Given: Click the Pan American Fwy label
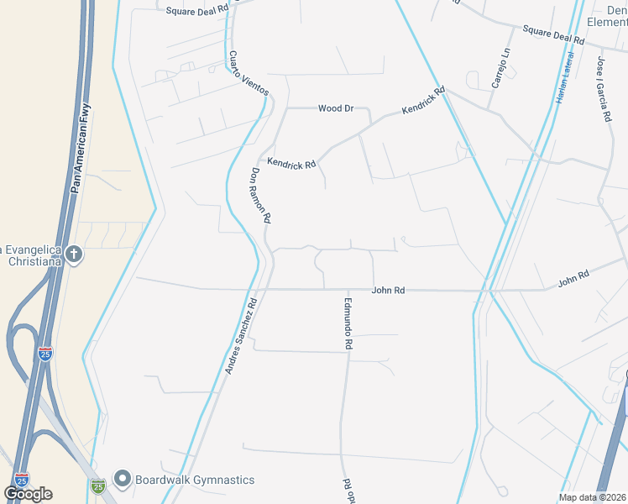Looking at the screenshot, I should click(84, 149).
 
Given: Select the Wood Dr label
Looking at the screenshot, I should click(336, 108).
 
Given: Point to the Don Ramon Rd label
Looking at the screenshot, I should click(260, 194).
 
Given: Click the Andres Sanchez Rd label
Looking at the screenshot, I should click(240, 334).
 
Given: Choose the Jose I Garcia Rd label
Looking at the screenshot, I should click(603, 90).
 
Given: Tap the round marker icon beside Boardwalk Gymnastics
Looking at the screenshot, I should click(123, 480).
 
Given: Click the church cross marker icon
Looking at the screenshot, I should click(74, 252).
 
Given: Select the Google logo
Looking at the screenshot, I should click(28, 494).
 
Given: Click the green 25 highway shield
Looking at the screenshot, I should click(98, 486).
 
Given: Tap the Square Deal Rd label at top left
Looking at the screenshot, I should click(197, 10).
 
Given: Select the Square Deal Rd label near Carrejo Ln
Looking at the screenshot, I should click(552, 34).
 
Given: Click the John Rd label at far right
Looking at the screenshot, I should click(573, 279).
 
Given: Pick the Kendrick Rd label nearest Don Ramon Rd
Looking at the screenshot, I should click(290, 163).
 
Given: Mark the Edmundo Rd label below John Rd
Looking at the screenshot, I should click(348, 323).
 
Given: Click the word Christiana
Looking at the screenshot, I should click(30, 261).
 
